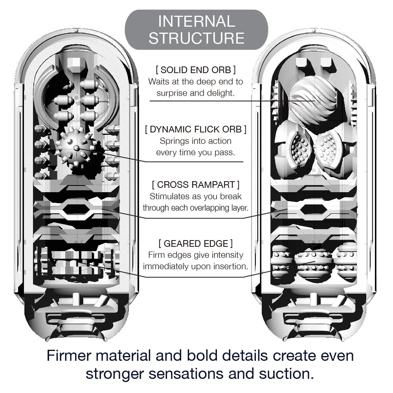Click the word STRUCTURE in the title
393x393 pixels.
tap(196, 38)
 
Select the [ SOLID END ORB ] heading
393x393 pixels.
tap(196, 70)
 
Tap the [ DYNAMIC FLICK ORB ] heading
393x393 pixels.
tap(196, 129)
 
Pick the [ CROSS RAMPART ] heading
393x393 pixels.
tap(196, 184)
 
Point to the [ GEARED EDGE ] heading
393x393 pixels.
tap(196, 243)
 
